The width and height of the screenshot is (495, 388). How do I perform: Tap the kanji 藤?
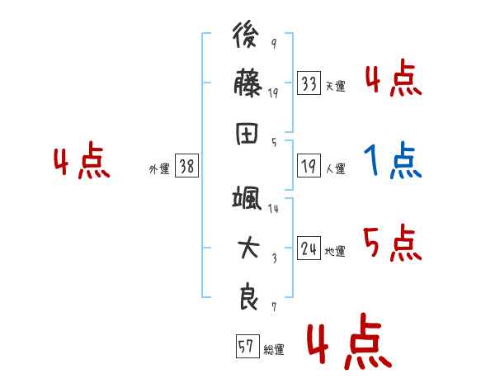pyautogui.click(x=247, y=83)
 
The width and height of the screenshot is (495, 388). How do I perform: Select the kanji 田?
pyautogui.click(x=247, y=131)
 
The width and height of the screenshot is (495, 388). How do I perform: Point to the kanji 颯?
pyautogui.click(x=247, y=198)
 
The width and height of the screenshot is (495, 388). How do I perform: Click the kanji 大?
pyautogui.click(x=247, y=248)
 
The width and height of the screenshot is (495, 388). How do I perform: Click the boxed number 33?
pyautogui.click(x=309, y=83)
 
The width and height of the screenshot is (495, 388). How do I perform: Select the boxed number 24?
pyautogui.click(x=309, y=248)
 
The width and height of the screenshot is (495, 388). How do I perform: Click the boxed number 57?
pyautogui.click(x=247, y=347)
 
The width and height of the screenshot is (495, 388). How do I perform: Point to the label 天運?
pyautogui.click(x=335, y=86)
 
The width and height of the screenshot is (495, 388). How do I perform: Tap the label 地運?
pyautogui.click(x=335, y=251)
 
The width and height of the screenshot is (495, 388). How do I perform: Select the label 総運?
pyautogui.click(x=273, y=349)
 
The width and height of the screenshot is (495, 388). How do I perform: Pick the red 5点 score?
pyautogui.click(x=393, y=243)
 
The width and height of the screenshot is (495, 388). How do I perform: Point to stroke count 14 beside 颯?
pyautogui.click(x=273, y=209)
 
